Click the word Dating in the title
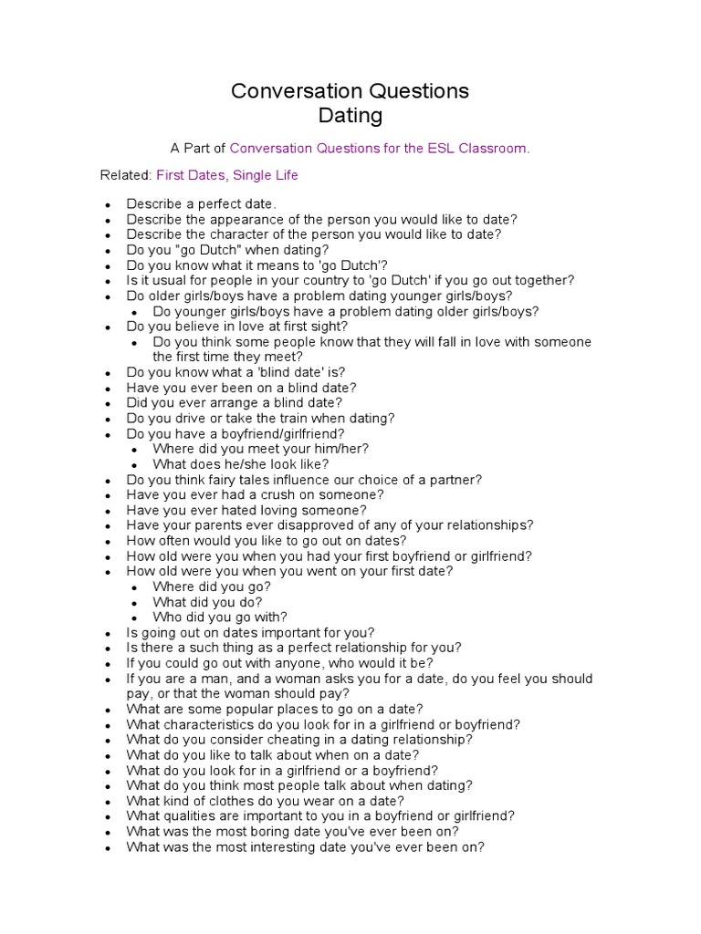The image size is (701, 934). [x=350, y=116]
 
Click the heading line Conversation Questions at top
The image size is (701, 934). [x=350, y=91]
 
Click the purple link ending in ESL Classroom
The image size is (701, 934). [x=379, y=147]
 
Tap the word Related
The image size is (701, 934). [x=124, y=174]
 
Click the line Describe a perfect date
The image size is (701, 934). [x=201, y=203]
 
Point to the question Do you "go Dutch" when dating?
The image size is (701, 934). [x=227, y=249]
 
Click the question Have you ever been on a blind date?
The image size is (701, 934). [x=241, y=388]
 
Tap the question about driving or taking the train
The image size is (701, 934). [x=260, y=418]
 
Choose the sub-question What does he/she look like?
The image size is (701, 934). [x=228, y=464]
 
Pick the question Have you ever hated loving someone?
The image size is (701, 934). [x=246, y=510]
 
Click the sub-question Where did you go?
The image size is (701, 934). [x=212, y=586]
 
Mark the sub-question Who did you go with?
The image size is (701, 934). [x=220, y=617]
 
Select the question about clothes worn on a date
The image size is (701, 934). [x=265, y=801]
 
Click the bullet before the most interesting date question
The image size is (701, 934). [x=108, y=847]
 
